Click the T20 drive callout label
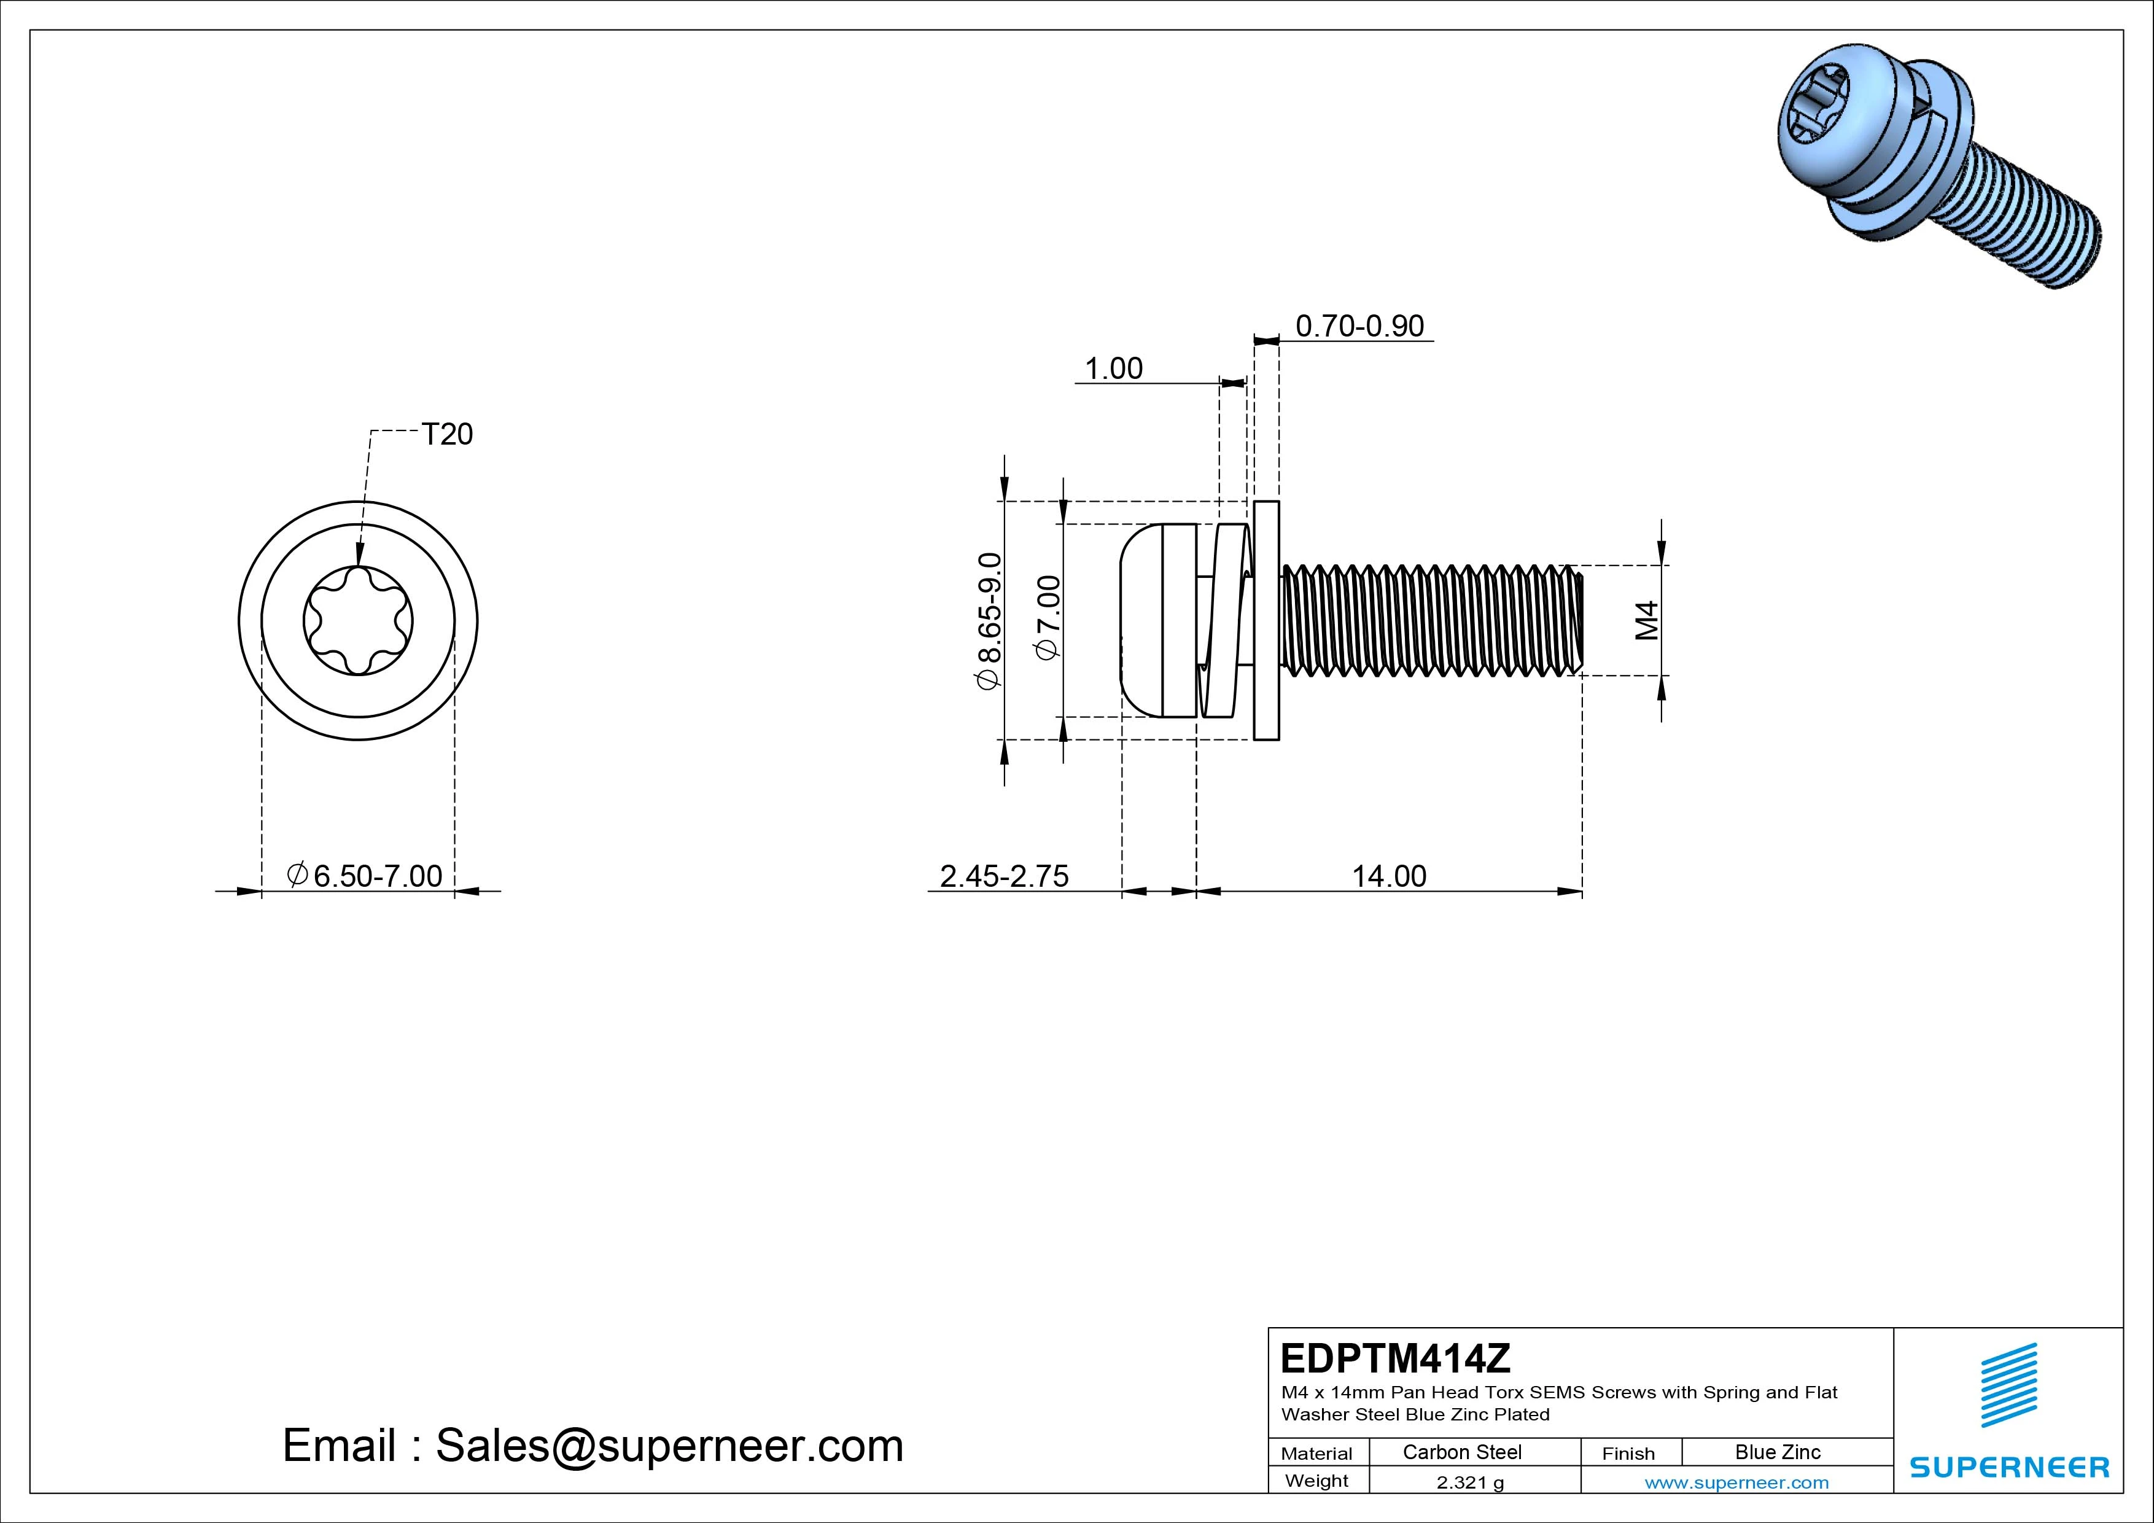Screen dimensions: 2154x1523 [x=448, y=434]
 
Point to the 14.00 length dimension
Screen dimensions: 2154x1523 [x=1388, y=876]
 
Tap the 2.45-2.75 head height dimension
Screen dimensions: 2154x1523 [x=1004, y=876]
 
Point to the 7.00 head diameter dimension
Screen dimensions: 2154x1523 [x=1048, y=617]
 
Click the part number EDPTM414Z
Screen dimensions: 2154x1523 [x=1396, y=1358]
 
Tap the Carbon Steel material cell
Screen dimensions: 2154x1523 [x=1461, y=1452]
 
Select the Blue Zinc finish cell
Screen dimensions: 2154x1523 [x=1778, y=1452]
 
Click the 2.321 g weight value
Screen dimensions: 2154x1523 [x=1470, y=1482]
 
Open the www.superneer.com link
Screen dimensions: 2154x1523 [x=1736, y=1482]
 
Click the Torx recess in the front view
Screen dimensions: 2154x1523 [x=357, y=620]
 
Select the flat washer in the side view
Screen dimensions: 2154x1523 [x=1267, y=620]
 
